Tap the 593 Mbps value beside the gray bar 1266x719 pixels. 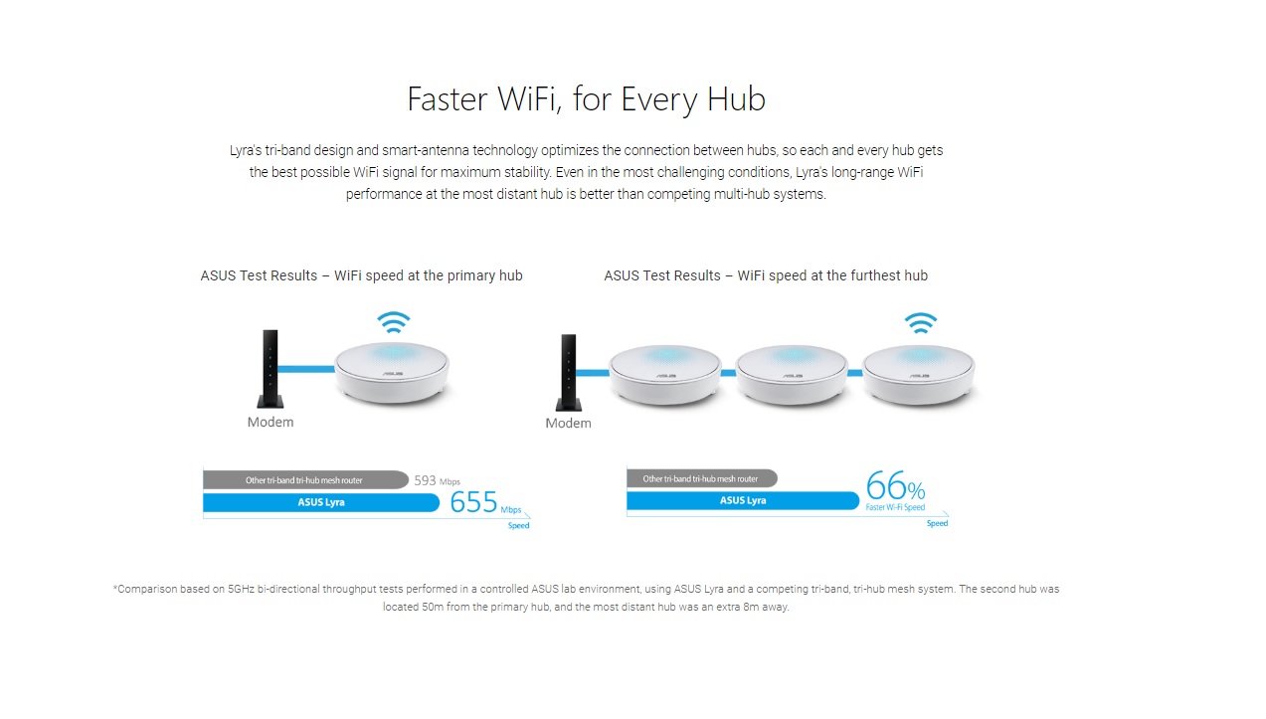tap(437, 480)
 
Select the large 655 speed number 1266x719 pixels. tap(473, 501)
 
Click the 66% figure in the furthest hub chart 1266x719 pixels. tap(895, 485)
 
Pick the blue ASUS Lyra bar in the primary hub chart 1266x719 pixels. tap(321, 502)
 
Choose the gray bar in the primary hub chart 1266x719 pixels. tap(305, 480)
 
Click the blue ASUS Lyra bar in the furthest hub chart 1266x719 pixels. tap(743, 500)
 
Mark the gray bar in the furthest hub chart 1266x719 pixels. tap(702, 478)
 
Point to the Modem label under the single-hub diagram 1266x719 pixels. tap(271, 423)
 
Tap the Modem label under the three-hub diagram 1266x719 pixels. tap(568, 424)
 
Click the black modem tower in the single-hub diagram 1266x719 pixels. tap(271, 369)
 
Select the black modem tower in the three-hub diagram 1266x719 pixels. tap(569, 373)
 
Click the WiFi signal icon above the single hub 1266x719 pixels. tap(394, 322)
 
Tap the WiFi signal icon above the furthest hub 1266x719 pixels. tap(921, 323)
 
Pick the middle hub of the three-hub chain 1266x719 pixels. tap(792, 375)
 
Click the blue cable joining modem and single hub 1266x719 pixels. tap(305, 369)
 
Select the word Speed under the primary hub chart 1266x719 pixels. tap(518, 526)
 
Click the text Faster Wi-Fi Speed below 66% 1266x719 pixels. tap(895, 507)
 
